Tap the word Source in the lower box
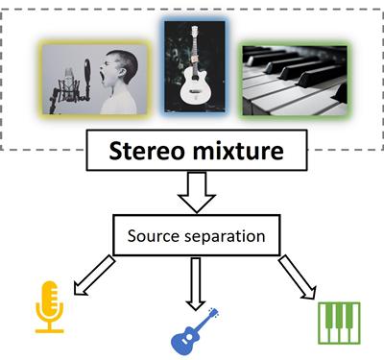point(157,233)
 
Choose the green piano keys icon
point(340,322)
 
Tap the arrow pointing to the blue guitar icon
point(197,282)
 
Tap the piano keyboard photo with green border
point(292,81)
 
